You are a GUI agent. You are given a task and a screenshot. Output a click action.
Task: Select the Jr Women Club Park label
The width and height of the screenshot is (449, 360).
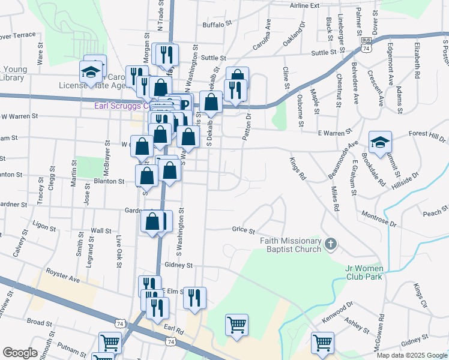point(373,272)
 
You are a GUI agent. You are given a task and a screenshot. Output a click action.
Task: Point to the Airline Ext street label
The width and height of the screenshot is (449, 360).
point(304,5)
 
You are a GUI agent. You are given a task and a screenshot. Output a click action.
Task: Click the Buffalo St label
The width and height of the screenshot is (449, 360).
point(217,25)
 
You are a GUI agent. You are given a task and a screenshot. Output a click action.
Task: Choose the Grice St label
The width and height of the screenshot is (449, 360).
point(244,230)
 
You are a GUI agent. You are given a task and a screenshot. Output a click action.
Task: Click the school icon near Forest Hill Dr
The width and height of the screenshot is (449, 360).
point(380,142)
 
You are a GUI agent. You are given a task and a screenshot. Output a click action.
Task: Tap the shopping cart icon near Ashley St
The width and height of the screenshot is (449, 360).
point(322,343)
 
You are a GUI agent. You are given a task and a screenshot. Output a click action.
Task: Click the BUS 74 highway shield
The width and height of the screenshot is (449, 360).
point(366,46)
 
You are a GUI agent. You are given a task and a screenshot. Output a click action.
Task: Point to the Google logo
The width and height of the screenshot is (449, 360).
point(20,353)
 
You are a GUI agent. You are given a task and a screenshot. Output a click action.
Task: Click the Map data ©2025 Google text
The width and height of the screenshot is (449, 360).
point(412,355)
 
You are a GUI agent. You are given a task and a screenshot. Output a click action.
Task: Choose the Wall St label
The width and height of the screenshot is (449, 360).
point(101,230)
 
